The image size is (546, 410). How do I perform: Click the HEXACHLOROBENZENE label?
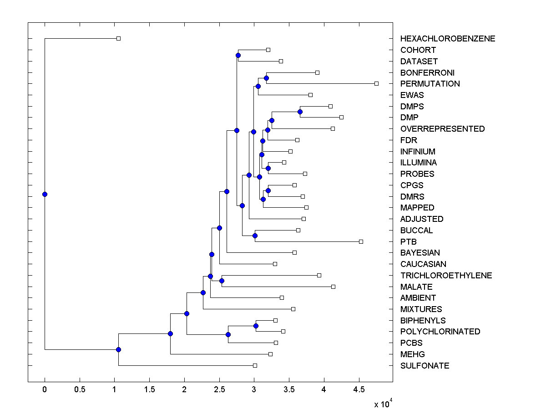pyautogui.click(x=448, y=39)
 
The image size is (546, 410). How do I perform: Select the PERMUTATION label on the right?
pyautogui.click(x=430, y=84)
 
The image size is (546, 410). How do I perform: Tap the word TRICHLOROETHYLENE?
pyautogui.click(x=446, y=275)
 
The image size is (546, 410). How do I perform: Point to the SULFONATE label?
pyautogui.click(x=425, y=366)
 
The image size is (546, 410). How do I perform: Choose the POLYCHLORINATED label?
pyautogui.click(x=440, y=332)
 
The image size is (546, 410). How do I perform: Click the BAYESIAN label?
pyautogui.click(x=420, y=253)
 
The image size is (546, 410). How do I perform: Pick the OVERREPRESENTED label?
pyautogui.click(x=442, y=129)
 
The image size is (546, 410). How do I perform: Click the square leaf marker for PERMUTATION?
pyautogui.click(x=376, y=83)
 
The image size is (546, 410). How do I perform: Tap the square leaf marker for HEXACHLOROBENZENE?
pyautogui.click(x=118, y=38)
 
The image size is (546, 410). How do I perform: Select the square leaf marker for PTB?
pyautogui.click(x=361, y=241)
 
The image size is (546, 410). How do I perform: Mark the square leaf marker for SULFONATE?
pyautogui.click(x=255, y=365)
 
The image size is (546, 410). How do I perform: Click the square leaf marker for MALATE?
pyautogui.click(x=333, y=287)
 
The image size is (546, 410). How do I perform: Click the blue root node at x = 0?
pyautogui.click(x=45, y=194)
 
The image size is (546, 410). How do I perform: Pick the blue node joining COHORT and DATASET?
pyautogui.click(x=238, y=56)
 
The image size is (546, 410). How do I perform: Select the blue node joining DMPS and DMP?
pyautogui.click(x=300, y=112)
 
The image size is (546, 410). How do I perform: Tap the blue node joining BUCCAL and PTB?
pyautogui.click(x=255, y=236)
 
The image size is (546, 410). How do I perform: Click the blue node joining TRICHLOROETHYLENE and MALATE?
pyautogui.click(x=222, y=281)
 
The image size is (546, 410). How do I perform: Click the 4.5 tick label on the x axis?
pyautogui.click(x=359, y=389)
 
